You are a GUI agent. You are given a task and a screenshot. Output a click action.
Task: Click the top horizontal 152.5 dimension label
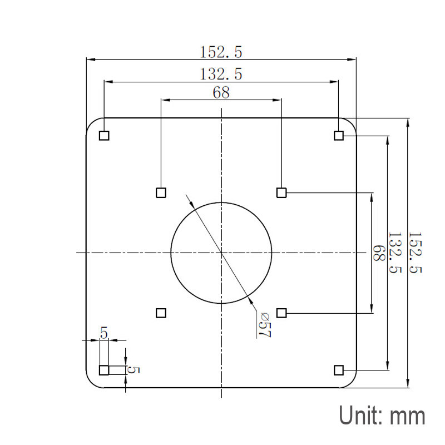click(x=221, y=52)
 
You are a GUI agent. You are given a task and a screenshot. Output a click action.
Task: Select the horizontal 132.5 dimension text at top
click(x=221, y=73)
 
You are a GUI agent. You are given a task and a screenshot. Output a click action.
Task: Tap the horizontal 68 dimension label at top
click(x=221, y=92)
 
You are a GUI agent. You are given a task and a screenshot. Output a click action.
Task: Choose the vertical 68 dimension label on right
click(x=379, y=253)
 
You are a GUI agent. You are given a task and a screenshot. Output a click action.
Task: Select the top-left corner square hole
click(x=104, y=135)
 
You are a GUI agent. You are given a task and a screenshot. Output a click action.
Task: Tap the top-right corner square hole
click(x=338, y=135)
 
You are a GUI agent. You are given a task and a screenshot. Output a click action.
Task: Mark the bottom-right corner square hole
click(x=338, y=370)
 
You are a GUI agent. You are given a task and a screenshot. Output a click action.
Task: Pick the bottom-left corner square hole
click(x=104, y=370)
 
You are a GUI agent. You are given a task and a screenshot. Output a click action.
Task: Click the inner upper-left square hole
click(x=161, y=192)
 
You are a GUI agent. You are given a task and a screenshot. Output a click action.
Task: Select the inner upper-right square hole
click(x=281, y=192)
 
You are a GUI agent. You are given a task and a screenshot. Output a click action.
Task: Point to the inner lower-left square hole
click(x=161, y=313)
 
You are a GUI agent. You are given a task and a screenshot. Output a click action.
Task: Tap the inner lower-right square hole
click(x=281, y=313)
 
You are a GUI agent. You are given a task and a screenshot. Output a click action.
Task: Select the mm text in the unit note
click(x=408, y=416)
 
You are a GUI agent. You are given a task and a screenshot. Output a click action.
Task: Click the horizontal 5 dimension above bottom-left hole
click(x=104, y=333)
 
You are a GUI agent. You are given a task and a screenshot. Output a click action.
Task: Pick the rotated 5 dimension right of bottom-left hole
click(x=133, y=369)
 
